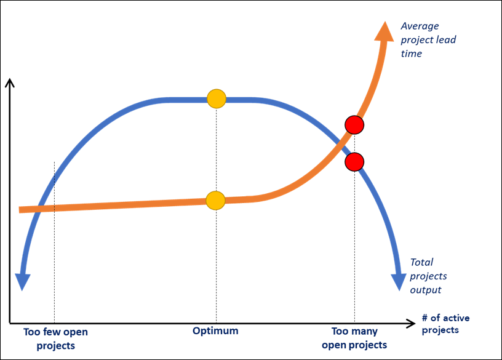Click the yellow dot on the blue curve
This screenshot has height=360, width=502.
pos(216,98)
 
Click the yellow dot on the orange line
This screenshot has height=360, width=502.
pos(215,200)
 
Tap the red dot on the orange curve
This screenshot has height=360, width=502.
pos(354,125)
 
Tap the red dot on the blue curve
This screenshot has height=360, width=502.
pos(354,162)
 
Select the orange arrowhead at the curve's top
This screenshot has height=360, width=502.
pos(385,31)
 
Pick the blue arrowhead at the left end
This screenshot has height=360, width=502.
pos(23,281)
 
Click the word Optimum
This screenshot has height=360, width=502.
pos(215,331)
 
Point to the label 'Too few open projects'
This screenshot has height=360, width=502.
pos(55,338)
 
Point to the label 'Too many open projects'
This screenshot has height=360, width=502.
pos(354,338)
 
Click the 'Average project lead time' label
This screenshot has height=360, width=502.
pos(428,39)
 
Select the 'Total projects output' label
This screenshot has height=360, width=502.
pos(428,275)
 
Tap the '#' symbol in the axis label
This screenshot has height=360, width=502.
pos(424,318)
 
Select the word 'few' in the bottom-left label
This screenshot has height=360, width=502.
pos(52,332)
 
